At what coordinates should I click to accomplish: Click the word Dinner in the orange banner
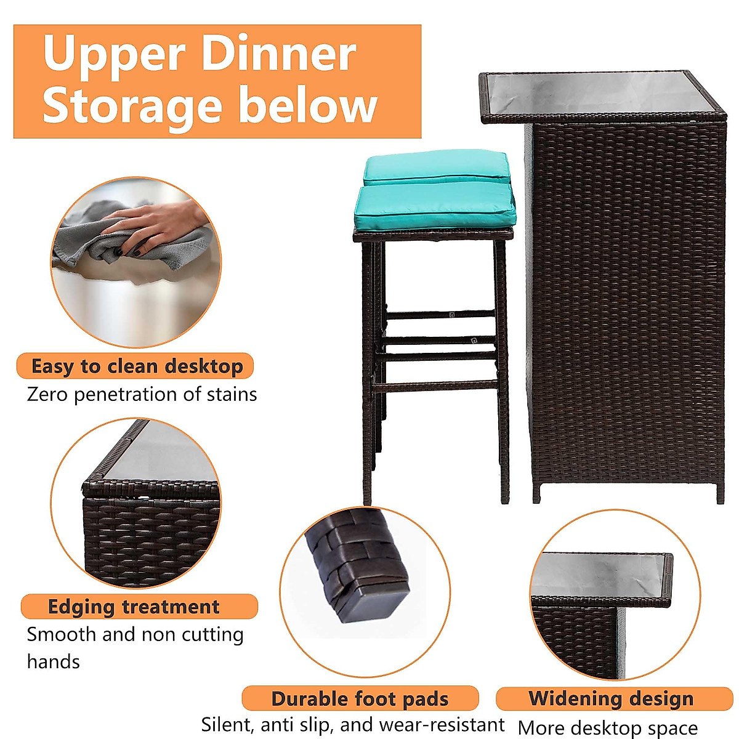click(278, 54)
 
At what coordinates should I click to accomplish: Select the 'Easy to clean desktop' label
click(137, 366)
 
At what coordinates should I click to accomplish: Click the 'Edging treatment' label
click(134, 607)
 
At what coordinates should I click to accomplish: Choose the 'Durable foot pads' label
click(360, 699)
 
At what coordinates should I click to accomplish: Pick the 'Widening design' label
click(611, 698)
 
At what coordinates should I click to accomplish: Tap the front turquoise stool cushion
click(434, 206)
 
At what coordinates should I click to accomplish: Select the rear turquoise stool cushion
click(436, 166)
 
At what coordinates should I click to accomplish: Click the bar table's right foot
click(720, 492)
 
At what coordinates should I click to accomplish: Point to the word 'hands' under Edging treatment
click(54, 662)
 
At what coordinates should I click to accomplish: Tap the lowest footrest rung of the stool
click(435, 387)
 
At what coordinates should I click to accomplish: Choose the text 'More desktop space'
click(608, 728)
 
